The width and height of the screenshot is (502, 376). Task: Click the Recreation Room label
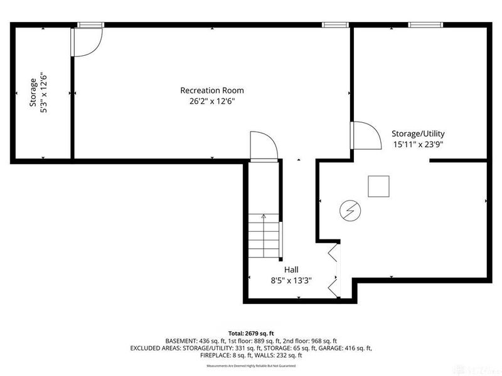click(212, 90)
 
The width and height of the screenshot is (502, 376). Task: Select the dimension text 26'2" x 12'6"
click(212, 101)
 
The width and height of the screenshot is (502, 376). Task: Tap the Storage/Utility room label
click(419, 133)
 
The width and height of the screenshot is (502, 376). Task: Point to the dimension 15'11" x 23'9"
click(419, 144)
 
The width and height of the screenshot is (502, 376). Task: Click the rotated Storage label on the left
click(33, 92)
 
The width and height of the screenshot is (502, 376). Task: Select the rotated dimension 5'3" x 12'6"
click(44, 92)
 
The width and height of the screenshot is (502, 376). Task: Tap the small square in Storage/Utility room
click(378, 186)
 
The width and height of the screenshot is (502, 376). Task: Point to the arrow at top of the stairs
click(263, 216)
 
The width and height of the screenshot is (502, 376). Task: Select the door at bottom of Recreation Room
click(263, 146)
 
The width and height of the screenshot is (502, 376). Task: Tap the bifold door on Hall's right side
click(335, 269)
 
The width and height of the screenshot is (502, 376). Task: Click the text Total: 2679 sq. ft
click(251, 333)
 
